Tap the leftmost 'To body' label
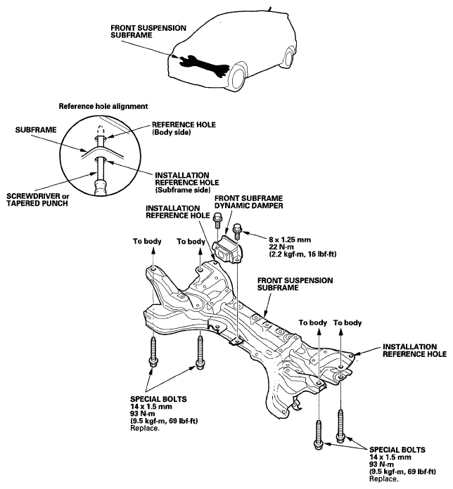click(x=147, y=241)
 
